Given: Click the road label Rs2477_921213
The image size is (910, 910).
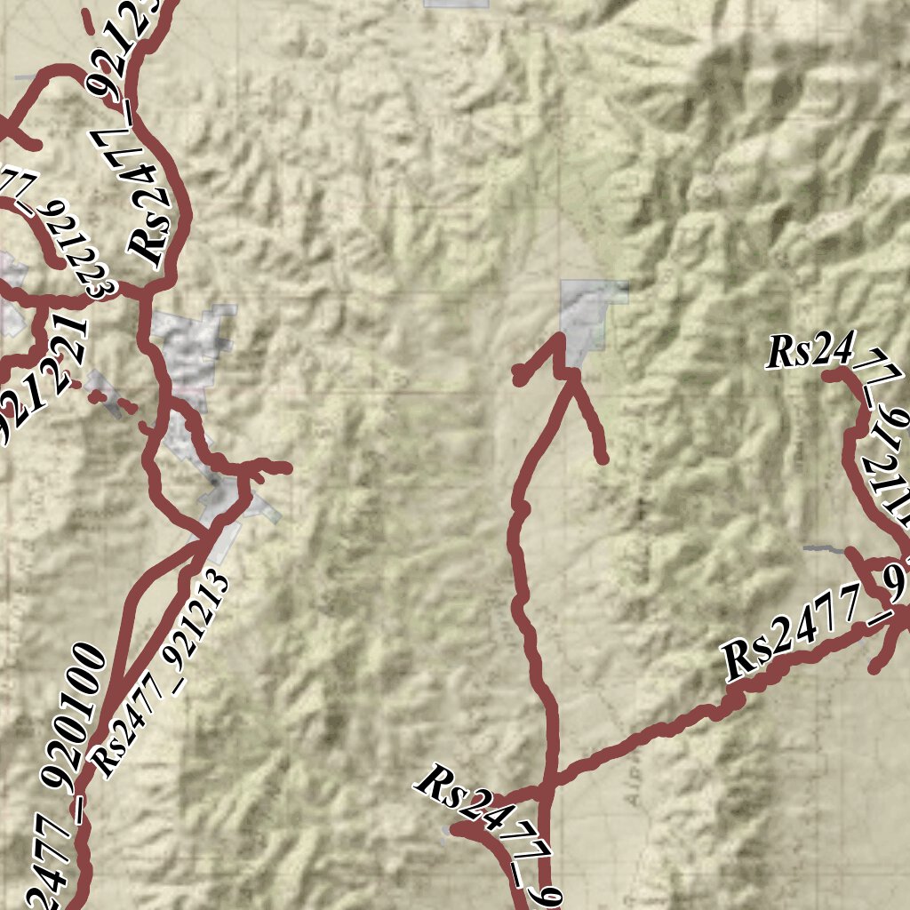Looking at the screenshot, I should pos(160,676).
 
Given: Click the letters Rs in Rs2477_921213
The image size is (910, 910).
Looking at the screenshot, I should pos(108,760).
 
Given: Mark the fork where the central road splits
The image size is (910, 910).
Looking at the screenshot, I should pos(573,377).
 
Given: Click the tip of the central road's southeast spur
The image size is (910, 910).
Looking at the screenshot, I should pos(603,459).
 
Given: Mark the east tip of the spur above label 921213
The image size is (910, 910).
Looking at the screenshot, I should pos(286,467).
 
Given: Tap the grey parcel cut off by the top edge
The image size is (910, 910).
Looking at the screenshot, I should pos(456,4).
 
